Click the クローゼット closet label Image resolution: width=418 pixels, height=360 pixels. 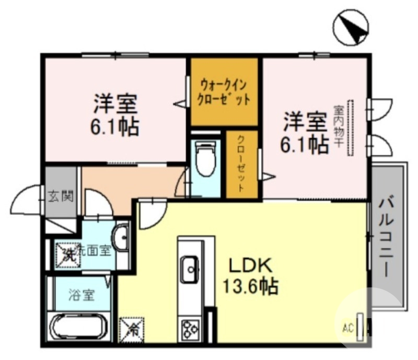(242, 164)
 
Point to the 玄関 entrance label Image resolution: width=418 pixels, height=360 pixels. (61, 197)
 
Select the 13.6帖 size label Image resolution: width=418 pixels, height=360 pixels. (250, 285)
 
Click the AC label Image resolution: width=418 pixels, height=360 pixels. (347, 329)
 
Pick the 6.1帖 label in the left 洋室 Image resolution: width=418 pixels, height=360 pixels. (115, 126)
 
